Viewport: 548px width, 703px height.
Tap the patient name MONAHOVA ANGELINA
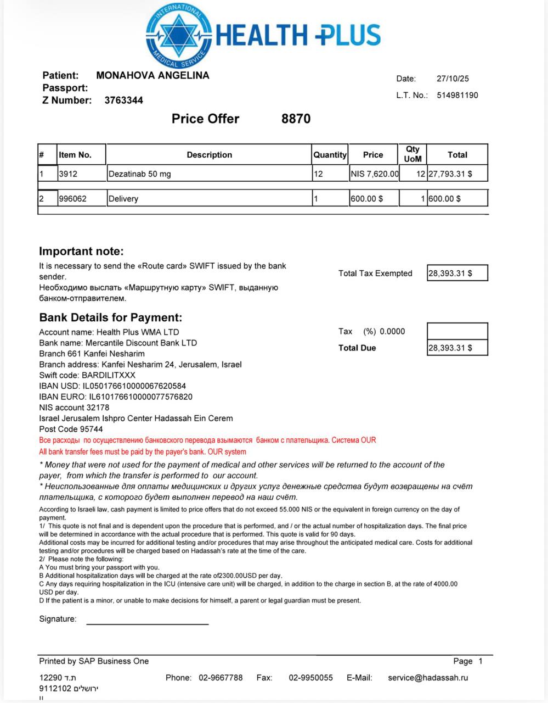[x=152, y=76]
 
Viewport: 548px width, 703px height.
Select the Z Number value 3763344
[x=124, y=101]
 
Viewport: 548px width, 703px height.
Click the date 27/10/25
[x=453, y=79]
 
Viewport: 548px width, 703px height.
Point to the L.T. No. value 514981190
[x=457, y=95]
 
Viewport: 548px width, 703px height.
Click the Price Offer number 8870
[x=296, y=119]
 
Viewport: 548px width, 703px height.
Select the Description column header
[x=209, y=155]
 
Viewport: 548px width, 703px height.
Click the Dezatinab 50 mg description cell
[x=140, y=174]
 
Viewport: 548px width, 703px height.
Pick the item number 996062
[x=72, y=199]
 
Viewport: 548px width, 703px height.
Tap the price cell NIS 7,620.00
[x=374, y=174]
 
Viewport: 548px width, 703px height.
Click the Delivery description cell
[x=123, y=199]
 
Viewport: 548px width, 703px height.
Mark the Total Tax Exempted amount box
[x=457, y=273]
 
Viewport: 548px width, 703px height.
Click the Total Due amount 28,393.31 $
[x=450, y=348]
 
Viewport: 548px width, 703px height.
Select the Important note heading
[x=81, y=252]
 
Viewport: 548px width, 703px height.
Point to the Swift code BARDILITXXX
[x=108, y=375]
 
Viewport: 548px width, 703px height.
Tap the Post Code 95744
[x=89, y=429]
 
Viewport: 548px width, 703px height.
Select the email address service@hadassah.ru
[x=428, y=678]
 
